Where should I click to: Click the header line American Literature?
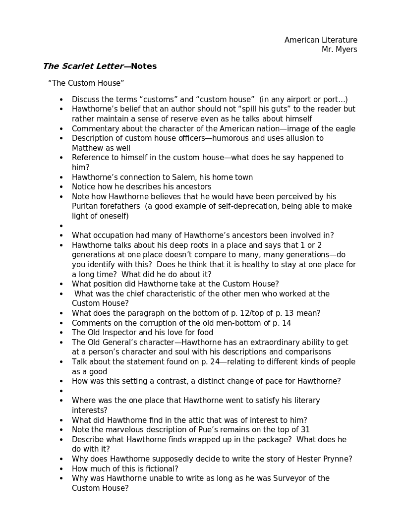tap(321, 40)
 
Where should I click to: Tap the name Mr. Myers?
tap(339, 50)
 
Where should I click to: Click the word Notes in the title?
tap(144, 66)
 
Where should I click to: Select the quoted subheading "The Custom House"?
tap(86, 83)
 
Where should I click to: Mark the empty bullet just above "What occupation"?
tap(61, 226)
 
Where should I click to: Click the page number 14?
tap(286, 323)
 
